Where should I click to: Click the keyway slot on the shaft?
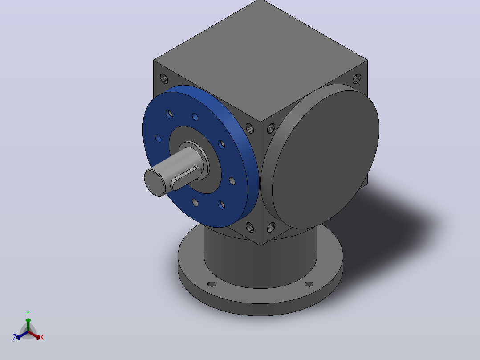(186, 178)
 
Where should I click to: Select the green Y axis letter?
(28, 314)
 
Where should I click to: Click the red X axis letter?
(42, 337)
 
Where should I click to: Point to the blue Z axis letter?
(15, 337)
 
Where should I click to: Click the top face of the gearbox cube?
(260, 60)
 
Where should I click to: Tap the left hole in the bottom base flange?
(212, 284)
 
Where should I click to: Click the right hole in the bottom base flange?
(309, 284)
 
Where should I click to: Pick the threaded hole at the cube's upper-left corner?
(164, 79)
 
